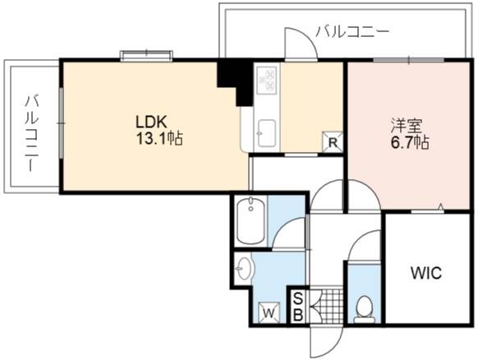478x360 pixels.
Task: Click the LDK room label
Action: tap(151, 122)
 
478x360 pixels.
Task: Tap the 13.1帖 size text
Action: tap(159, 139)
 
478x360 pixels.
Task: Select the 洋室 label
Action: tap(407, 126)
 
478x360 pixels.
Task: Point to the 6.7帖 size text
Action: tap(410, 142)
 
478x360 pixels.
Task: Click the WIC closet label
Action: tap(426, 273)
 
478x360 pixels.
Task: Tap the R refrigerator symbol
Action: tap(333, 141)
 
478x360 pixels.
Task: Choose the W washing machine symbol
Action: tap(269, 312)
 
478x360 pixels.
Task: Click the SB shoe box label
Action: tap(298, 307)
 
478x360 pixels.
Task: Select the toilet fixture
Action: tap(364, 309)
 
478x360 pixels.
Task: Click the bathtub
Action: tap(250, 220)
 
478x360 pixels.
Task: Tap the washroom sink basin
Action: tap(244, 269)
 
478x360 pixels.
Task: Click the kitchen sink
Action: tap(267, 133)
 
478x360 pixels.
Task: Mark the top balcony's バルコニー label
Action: tap(352, 32)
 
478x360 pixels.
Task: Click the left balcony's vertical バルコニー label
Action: tap(31, 132)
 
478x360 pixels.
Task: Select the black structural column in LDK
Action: tap(236, 81)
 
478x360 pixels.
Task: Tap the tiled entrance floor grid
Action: tap(327, 306)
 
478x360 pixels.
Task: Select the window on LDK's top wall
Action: tap(147, 56)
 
